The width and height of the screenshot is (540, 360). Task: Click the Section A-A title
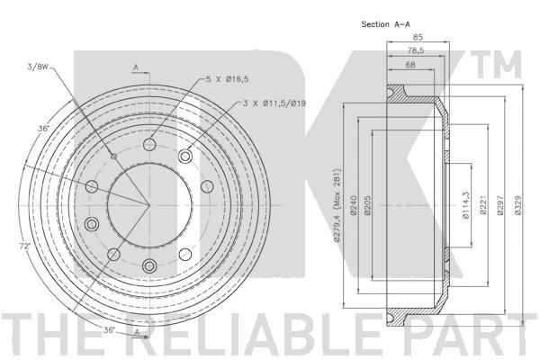[x=385, y=24]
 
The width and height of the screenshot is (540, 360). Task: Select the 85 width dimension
[x=418, y=37]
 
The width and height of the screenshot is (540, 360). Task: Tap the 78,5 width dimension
[x=416, y=50]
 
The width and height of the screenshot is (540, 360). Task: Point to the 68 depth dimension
[x=410, y=65]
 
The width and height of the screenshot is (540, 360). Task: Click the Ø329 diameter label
[x=518, y=205]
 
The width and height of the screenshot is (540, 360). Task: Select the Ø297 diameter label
[x=500, y=205]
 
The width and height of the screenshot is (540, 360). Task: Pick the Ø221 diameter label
[x=482, y=205]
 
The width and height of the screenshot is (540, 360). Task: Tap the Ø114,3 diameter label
[x=465, y=205]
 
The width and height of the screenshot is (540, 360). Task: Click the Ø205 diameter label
[x=367, y=205]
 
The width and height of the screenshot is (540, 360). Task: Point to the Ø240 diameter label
[x=353, y=205]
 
